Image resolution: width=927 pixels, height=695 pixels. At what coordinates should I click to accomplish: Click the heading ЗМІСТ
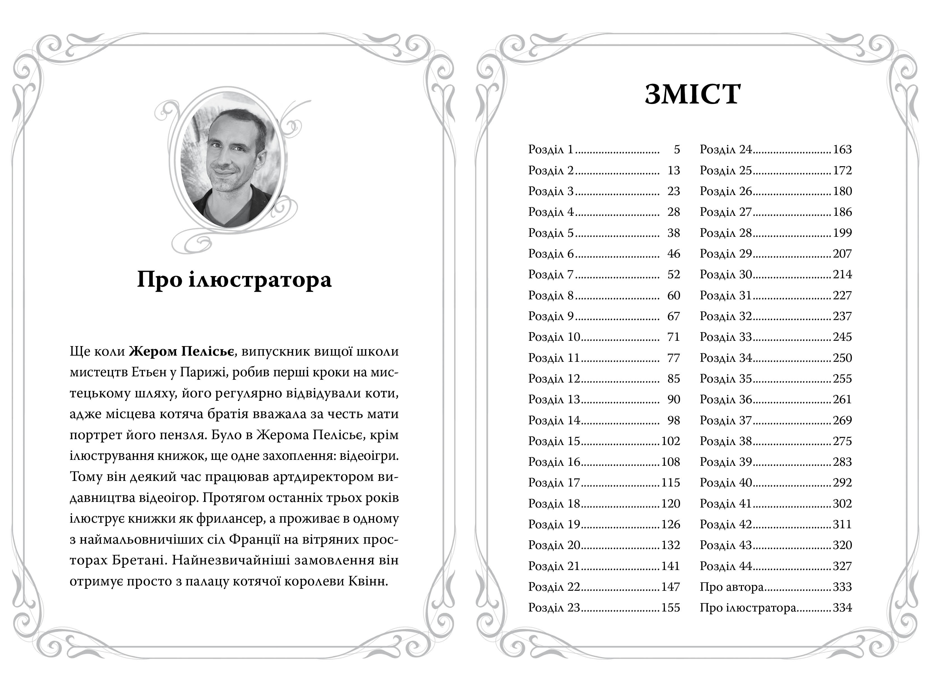pyautogui.click(x=692, y=94)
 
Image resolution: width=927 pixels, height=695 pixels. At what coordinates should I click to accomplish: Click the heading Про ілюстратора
pyautogui.click(x=234, y=279)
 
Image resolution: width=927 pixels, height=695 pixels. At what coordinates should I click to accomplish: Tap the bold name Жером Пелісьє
pyautogui.click(x=181, y=351)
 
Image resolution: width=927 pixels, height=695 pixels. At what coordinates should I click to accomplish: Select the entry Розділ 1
pyautogui.click(x=550, y=150)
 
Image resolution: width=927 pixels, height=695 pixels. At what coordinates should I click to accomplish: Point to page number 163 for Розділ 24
pyautogui.click(x=842, y=150)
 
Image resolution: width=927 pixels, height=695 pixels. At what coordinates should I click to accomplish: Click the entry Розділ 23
pyautogui.click(x=554, y=608)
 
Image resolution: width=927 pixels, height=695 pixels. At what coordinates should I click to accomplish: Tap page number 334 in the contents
pyautogui.click(x=842, y=608)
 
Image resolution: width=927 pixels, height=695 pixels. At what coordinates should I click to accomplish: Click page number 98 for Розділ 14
pyautogui.click(x=674, y=420)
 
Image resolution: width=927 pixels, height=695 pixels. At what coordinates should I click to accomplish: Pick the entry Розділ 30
pyautogui.click(x=725, y=274)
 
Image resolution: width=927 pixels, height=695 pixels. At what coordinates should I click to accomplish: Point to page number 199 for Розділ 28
pyautogui.click(x=842, y=233)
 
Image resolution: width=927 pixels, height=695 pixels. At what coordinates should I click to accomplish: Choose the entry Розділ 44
pyautogui.click(x=725, y=566)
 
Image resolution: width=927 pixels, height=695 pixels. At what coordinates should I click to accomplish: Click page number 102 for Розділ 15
pyautogui.click(x=671, y=441)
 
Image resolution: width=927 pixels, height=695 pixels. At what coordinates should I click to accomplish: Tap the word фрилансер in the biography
pyautogui.click(x=230, y=519)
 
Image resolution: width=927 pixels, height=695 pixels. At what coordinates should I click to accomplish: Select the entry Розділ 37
pyautogui.click(x=725, y=420)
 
